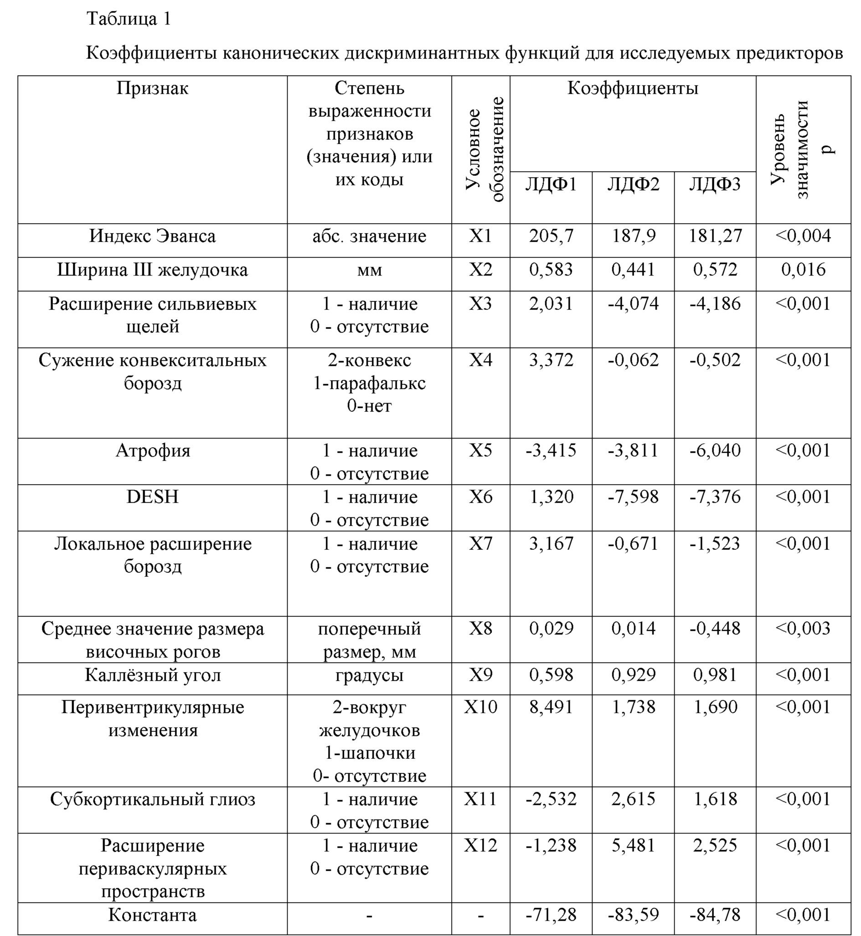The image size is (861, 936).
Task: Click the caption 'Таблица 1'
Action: pos(129,19)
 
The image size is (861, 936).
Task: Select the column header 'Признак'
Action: pos(152,88)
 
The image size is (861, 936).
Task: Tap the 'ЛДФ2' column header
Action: pos(633,185)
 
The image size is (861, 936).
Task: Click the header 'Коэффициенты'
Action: pos(633,88)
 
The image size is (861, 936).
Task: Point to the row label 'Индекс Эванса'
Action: pos(152,236)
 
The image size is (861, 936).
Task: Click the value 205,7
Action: pos(551,236)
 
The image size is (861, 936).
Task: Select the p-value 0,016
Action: pos(803,270)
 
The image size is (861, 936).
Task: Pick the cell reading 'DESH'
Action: pos(152,497)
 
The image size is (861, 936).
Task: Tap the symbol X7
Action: pos(480,543)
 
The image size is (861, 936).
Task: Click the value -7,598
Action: pos(633,497)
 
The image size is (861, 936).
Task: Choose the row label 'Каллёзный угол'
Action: pos(152,675)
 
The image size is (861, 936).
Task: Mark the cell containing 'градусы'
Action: pos(369,675)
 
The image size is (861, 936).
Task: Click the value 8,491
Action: pos(551,707)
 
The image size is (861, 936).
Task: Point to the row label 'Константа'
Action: pos(152,915)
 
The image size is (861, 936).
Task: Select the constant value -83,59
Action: pos(633,915)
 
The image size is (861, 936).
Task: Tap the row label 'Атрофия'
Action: pos(152,451)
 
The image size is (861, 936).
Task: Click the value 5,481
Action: pos(633,846)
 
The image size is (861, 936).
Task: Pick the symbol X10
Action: pos(480,707)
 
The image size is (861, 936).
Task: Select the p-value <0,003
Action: pos(803,629)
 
